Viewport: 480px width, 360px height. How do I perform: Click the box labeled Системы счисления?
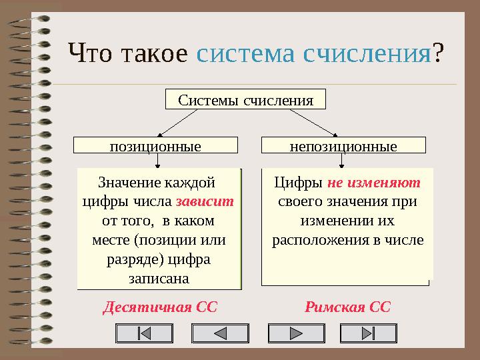point(245,99)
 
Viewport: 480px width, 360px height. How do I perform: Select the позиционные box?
point(155,145)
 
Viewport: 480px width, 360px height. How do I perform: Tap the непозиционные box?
point(343,145)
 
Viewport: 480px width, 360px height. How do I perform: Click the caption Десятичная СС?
point(160,307)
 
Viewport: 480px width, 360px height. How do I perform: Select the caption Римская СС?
point(347,307)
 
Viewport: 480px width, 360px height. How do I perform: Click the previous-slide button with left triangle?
point(219,334)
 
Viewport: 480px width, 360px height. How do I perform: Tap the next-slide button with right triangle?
point(295,334)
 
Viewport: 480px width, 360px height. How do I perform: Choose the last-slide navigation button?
point(368,334)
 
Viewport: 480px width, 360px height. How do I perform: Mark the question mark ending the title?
point(438,53)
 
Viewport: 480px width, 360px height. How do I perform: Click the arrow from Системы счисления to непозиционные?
point(315,122)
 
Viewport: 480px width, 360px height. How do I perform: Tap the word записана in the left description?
point(158,277)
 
